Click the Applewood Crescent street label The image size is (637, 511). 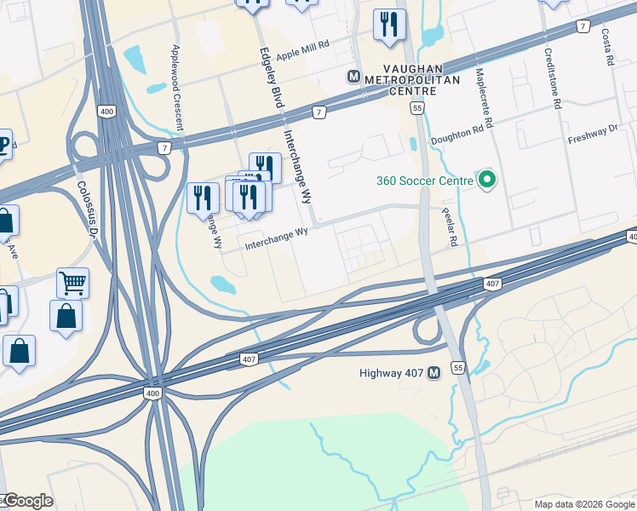pos(178,88)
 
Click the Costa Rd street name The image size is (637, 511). pos(606,48)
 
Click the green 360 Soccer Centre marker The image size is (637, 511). pos(486,180)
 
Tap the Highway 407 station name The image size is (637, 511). pos(391,373)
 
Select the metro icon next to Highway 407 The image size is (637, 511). pos(433,373)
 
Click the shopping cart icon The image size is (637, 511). pos(72,283)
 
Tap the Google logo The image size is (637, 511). pos(28,501)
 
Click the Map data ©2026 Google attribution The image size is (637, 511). pos(583,504)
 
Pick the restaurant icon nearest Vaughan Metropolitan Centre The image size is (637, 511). pos(389,26)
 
